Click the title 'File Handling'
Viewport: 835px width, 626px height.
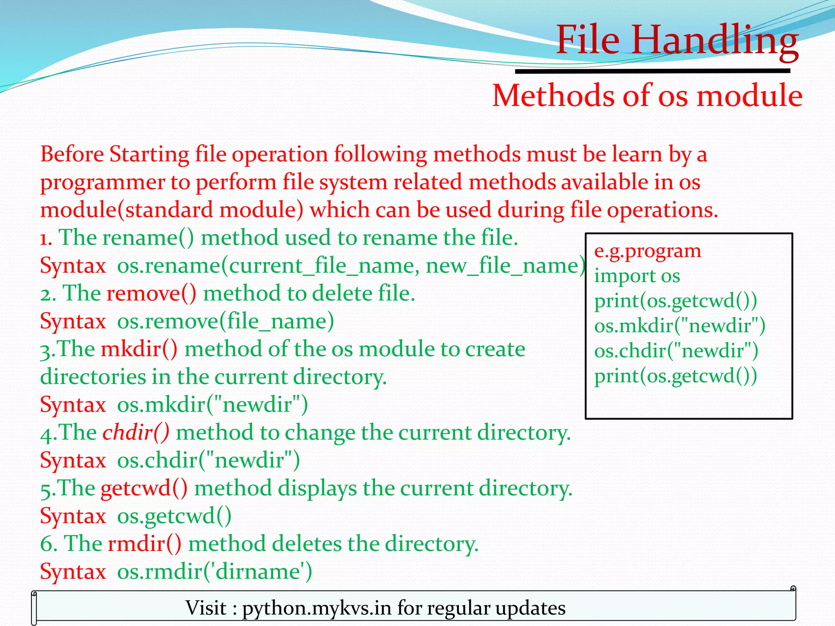(x=677, y=40)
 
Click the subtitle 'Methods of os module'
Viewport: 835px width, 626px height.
(x=647, y=95)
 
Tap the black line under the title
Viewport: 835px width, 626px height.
(x=652, y=71)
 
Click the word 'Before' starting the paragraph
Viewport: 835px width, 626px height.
(x=72, y=154)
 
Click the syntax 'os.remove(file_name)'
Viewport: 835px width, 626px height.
(x=225, y=321)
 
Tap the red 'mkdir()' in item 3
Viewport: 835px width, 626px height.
(x=139, y=349)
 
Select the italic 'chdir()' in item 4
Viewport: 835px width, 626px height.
(x=136, y=432)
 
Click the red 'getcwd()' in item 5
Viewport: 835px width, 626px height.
(x=144, y=488)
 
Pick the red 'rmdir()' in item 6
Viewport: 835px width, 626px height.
(x=144, y=544)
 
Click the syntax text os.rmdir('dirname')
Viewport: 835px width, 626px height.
(x=214, y=571)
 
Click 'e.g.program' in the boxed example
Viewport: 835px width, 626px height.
(x=647, y=251)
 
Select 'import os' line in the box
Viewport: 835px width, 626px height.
(x=637, y=276)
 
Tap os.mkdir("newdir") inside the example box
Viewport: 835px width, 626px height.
(x=679, y=326)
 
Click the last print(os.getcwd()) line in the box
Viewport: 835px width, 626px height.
(x=675, y=376)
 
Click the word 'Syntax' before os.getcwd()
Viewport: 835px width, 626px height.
(x=73, y=516)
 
